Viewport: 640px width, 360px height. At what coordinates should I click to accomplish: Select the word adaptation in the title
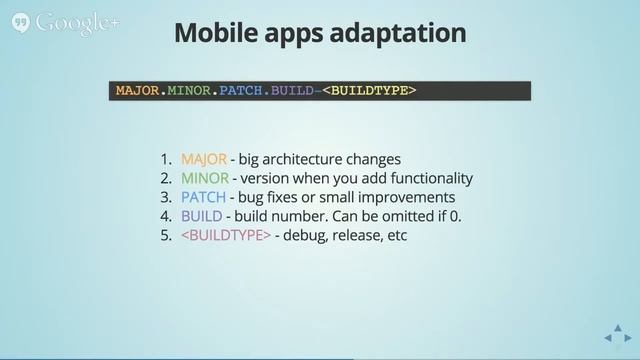[403, 32]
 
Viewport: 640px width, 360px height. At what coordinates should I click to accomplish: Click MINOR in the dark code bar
[190, 91]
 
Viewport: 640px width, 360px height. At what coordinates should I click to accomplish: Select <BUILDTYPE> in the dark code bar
[369, 91]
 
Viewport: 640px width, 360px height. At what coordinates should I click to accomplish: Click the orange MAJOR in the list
[204, 159]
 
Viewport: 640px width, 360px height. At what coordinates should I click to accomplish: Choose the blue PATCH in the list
[203, 197]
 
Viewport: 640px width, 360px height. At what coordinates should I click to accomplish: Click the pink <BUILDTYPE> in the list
[226, 235]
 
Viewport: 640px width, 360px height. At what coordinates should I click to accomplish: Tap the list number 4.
[165, 216]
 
